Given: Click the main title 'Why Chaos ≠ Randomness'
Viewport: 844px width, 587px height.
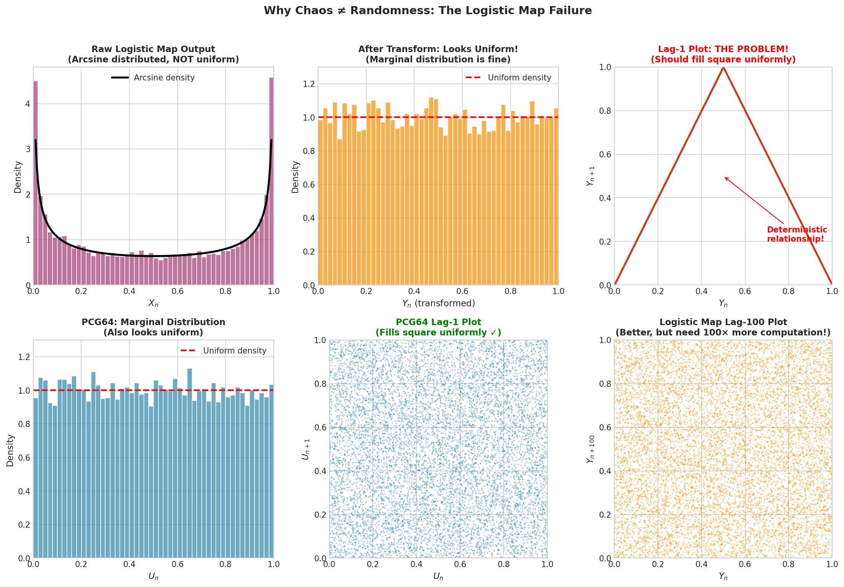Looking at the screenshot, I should pos(428,11).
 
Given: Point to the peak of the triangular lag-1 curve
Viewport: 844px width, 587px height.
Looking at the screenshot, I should pos(723,68).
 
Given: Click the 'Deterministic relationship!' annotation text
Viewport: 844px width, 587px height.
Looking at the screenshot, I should pos(797,234).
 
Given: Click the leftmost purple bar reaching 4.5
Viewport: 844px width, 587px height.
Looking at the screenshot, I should pos(36,184).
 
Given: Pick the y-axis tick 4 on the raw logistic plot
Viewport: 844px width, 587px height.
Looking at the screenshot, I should pos(28,104).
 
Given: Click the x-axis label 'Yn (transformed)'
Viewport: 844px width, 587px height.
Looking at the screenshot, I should pos(438,304).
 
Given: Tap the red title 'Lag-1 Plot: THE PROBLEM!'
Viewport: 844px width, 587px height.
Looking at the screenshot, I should pos(723,49).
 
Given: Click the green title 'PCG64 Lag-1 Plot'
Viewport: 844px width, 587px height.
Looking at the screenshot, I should pos(438,322).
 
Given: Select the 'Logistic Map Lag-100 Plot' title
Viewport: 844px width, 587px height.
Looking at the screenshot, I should pos(723,322).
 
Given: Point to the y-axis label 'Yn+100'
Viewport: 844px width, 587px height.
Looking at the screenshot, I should pos(591,449).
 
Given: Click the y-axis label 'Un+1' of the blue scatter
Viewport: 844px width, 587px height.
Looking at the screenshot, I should pos(305,449).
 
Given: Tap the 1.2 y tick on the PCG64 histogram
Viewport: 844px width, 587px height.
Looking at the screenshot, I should pos(24,357).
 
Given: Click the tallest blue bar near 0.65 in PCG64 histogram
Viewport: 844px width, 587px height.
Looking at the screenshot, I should pos(189,459).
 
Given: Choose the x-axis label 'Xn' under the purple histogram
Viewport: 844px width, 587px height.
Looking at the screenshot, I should pos(153,304).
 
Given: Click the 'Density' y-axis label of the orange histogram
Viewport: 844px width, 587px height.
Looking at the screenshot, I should pos(295,177).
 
